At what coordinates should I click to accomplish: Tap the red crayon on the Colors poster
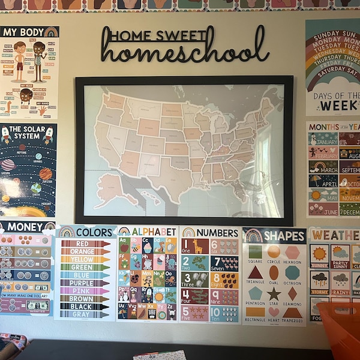click(85, 244)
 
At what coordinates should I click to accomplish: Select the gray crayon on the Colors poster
click(85, 314)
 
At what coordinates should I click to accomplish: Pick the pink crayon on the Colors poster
click(85, 290)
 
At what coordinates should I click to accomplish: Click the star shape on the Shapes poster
click(274, 293)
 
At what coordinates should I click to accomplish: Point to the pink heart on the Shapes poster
click(274, 312)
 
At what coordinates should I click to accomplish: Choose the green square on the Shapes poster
click(255, 251)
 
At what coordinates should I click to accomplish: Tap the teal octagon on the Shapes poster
click(292, 272)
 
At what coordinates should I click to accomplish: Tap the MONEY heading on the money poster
click(22, 227)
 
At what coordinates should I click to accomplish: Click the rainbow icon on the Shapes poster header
click(253, 235)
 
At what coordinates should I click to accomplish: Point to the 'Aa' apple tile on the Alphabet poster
click(125, 245)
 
